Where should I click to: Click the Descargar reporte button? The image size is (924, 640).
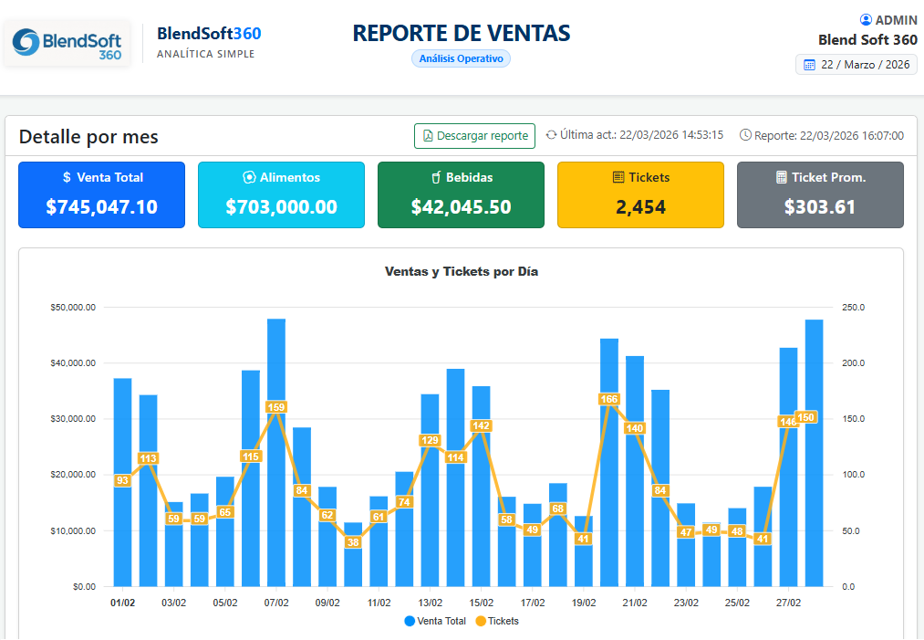(x=474, y=136)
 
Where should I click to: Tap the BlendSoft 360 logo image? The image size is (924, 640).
(x=67, y=44)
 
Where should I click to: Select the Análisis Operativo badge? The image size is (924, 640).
(x=461, y=58)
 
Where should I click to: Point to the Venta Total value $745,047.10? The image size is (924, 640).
(x=102, y=207)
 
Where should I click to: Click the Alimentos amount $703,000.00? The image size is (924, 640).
(x=282, y=207)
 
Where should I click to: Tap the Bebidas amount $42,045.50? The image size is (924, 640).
(x=461, y=207)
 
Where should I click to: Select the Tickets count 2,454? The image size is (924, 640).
(x=640, y=207)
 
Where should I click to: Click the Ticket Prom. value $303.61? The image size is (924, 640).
(x=820, y=207)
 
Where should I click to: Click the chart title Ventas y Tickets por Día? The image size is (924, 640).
(x=462, y=271)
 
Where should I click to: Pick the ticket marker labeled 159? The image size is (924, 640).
(x=275, y=407)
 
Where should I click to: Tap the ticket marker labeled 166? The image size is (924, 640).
(x=608, y=399)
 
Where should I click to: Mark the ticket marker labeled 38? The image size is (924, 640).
(x=353, y=542)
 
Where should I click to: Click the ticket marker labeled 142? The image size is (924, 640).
(x=481, y=425)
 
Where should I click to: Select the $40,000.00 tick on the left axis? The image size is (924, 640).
(x=73, y=362)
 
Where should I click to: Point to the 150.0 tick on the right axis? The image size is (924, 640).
(x=853, y=419)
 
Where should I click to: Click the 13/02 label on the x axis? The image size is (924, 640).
(x=431, y=603)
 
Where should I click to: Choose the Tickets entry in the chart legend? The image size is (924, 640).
(x=497, y=621)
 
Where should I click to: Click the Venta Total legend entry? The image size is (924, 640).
(x=435, y=621)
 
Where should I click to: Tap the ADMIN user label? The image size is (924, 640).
(x=888, y=20)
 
